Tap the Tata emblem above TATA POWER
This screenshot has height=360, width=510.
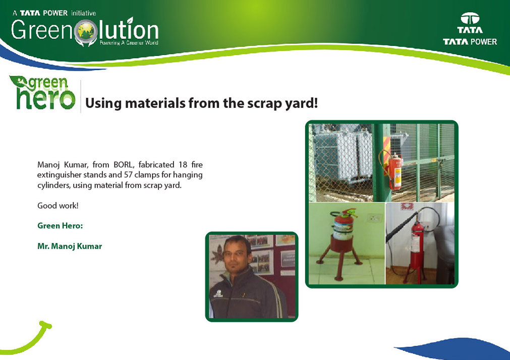[x=470, y=18]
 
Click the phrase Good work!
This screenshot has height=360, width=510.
[x=58, y=206]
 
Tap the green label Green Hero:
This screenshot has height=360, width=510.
[x=60, y=226]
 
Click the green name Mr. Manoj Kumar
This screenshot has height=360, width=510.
[x=70, y=246]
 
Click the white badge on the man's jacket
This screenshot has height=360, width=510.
[x=218, y=293]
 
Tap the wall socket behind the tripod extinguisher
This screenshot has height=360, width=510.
[x=375, y=217]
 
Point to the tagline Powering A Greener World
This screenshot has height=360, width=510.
[x=129, y=42]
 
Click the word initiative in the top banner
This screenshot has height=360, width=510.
[x=84, y=13]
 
